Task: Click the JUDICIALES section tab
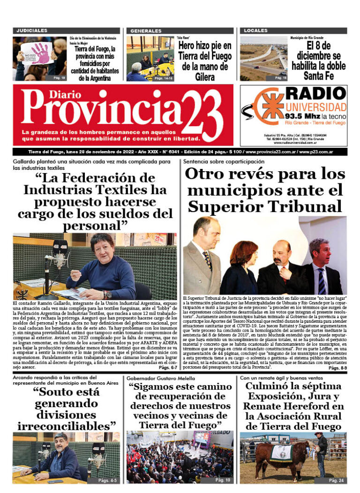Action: pos(32,30)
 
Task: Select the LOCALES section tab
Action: pos(255,30)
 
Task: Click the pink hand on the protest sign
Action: pos(41,53)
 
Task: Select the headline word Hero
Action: pos(188,46)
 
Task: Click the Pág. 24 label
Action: pos(336,481)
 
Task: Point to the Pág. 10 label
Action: pos(222,481)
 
